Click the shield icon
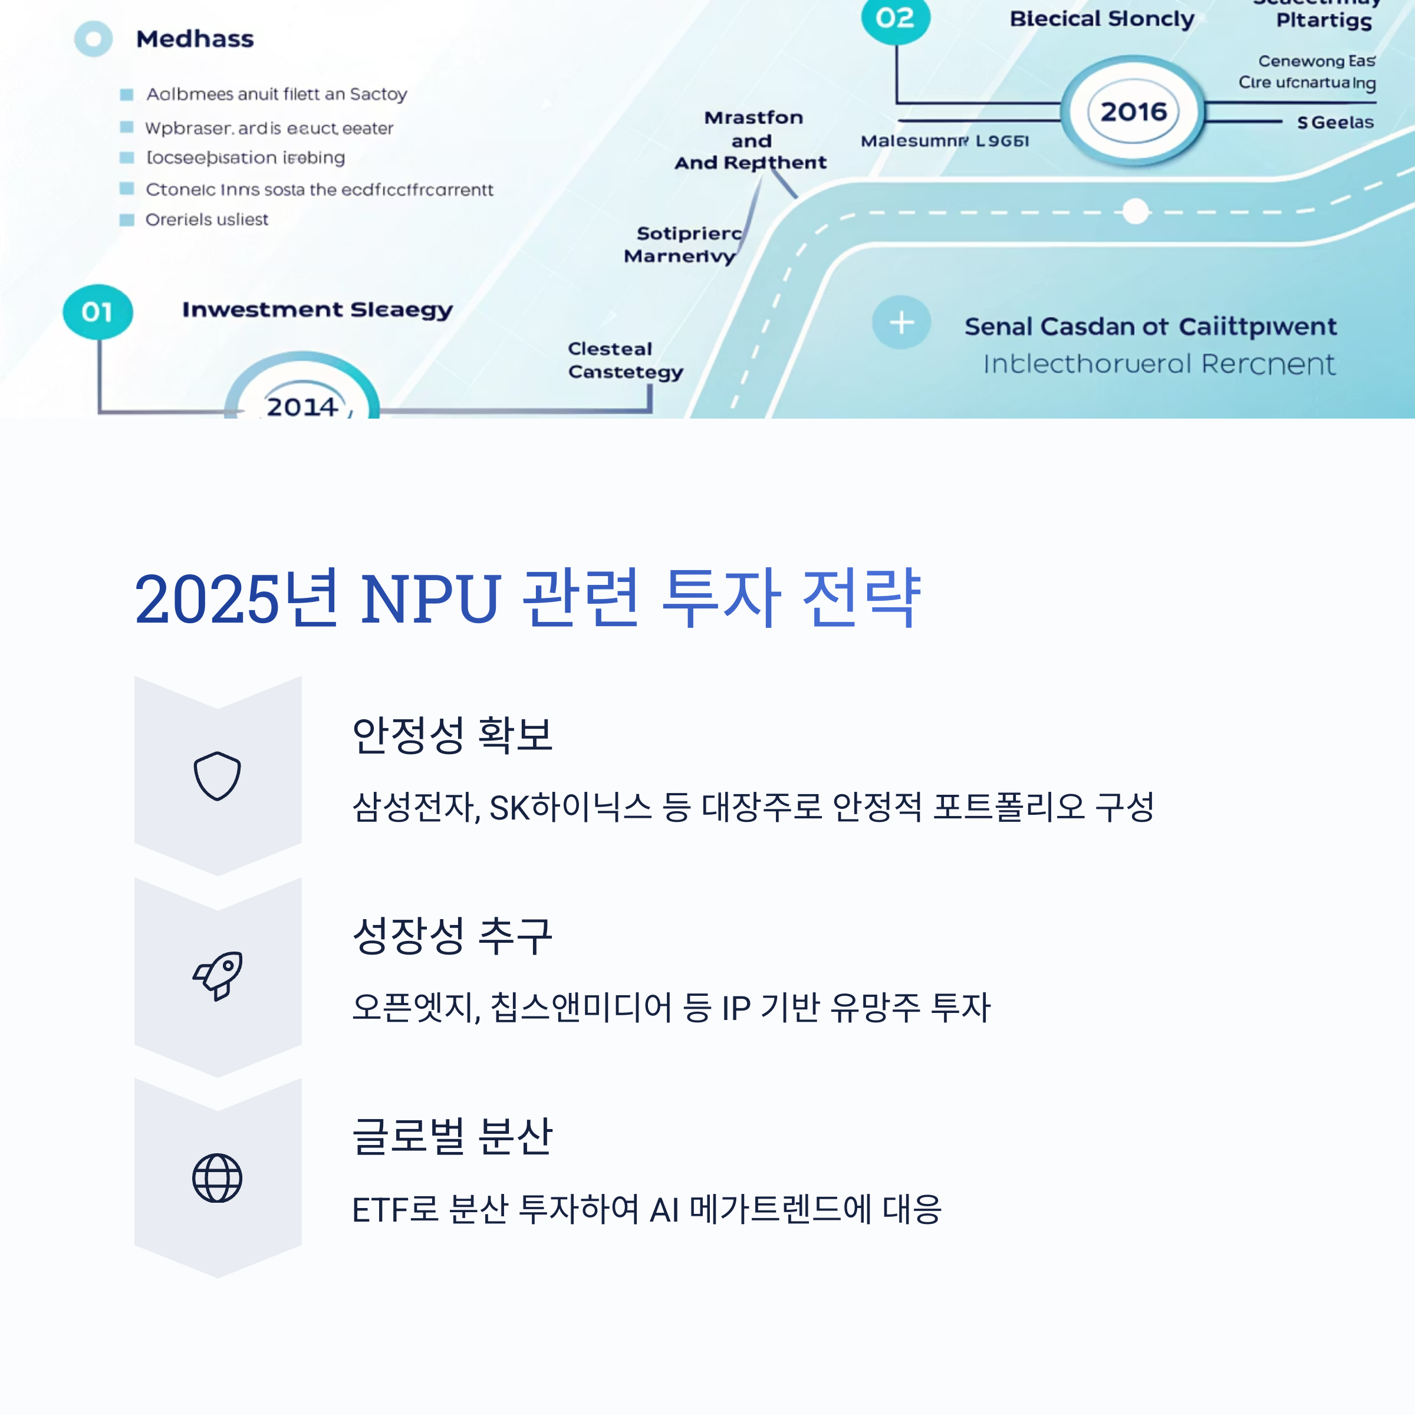point(217,776)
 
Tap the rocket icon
point(218,976)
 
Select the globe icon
point(217,1178)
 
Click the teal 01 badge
point(97,312)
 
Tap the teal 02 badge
point(895,18)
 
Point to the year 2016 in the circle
point(1133,111)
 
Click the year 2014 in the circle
point(302,406)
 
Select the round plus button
point(901,323)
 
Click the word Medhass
point(195,39)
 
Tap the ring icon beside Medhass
point(93,39)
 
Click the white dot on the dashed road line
point(1135,212)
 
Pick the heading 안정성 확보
point(452,735)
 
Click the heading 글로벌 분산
point(452,1136)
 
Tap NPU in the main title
point(430,599)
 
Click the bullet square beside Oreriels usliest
point(127,220)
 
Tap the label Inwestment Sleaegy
point(317,310)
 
